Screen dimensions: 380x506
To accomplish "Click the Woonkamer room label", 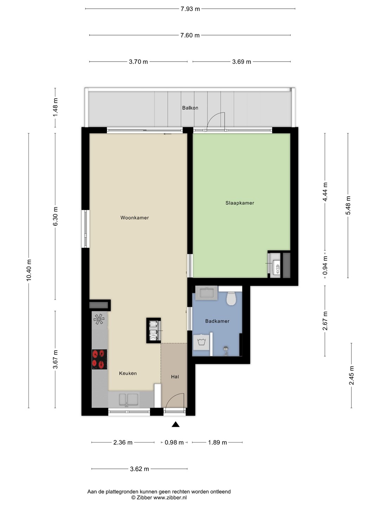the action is [134, 218].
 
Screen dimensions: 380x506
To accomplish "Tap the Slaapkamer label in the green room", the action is [240, 203].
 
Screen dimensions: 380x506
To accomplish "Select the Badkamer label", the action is [217, 321].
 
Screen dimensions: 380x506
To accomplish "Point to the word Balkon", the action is [190, 108].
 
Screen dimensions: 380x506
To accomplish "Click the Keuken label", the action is [128, 373].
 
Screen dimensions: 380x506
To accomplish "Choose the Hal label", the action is [175, 377].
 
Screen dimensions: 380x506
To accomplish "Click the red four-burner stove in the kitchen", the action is [100, 359].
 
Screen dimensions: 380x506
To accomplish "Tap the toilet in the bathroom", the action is [230, 299].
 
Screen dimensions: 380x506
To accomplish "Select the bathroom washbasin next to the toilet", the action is [207, 293].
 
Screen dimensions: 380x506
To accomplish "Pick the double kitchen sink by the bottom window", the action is [128, 400].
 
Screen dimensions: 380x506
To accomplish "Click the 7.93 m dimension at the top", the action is [190, 9].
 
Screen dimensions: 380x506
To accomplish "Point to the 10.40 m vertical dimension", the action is [29, 270].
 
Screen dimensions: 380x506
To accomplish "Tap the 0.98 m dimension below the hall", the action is [174, 442].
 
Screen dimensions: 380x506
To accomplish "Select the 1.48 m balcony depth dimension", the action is [55, 107].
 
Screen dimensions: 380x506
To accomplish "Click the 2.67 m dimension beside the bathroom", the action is [325, 321].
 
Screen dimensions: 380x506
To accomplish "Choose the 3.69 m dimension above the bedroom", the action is [242, 62].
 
